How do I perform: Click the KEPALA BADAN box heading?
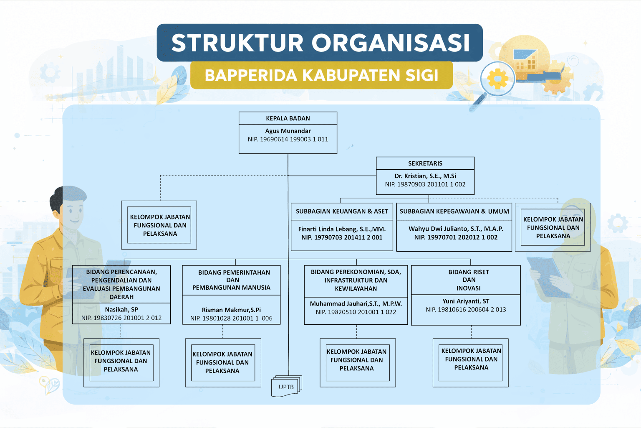coord(288,118)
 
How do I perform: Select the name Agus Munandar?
coord(288,131)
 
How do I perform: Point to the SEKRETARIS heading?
coord(425,163)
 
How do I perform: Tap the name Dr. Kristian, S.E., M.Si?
coord(425,176)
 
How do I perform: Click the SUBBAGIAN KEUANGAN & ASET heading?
coord(342,211)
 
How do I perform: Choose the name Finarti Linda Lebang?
coord(342,229)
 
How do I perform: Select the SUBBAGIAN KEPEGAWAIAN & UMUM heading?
coord(454,211)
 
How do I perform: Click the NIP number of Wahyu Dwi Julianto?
coord(456,237)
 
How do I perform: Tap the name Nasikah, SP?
coord(121,310)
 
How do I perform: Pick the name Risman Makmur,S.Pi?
coord(231,310)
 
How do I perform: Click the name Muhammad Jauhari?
coord(356,304)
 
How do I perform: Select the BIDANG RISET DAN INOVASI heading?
coord(469,280)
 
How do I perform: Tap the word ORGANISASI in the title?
coord(391,43)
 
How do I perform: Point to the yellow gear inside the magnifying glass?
coord(497,79)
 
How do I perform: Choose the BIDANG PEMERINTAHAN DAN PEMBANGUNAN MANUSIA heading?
coord(232,280)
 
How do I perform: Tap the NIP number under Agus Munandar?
coord(288,140)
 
